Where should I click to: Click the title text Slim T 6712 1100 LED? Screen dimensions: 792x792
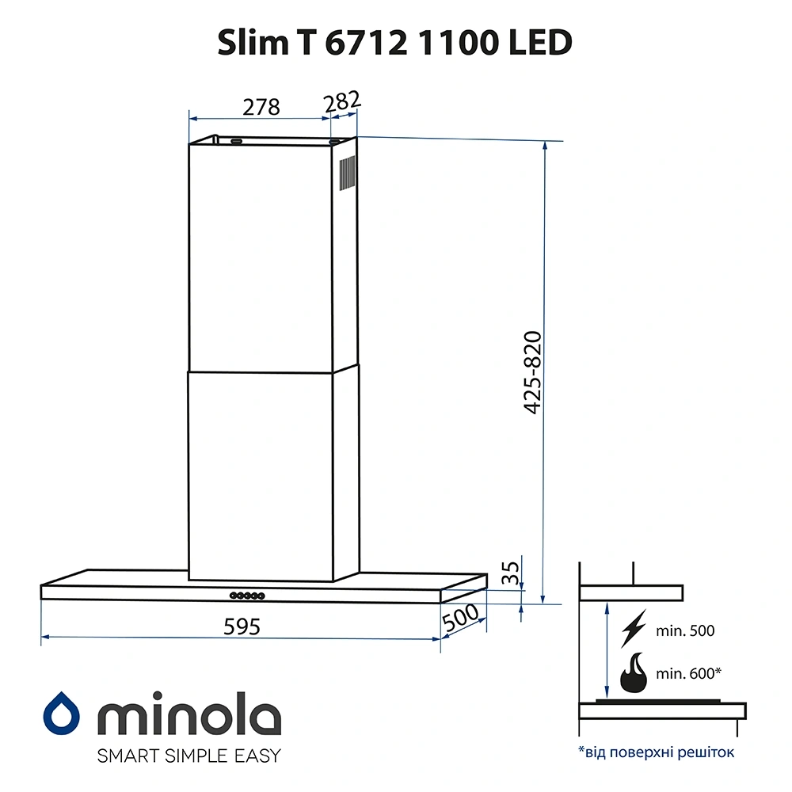click(x=395, y=44)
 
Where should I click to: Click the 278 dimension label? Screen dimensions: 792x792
click(x=261, y=107)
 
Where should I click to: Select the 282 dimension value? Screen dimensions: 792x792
click(x=342, y=102)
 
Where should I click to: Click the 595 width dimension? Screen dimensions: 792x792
click(x=242, y=626)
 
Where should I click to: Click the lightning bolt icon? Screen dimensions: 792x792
click(x=634, y=630)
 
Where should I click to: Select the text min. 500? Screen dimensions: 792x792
click(x=685, y=631)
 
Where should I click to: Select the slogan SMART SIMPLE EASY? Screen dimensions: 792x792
click(x=188, y=756)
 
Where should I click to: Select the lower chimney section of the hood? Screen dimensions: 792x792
click(x=261, y=471)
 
